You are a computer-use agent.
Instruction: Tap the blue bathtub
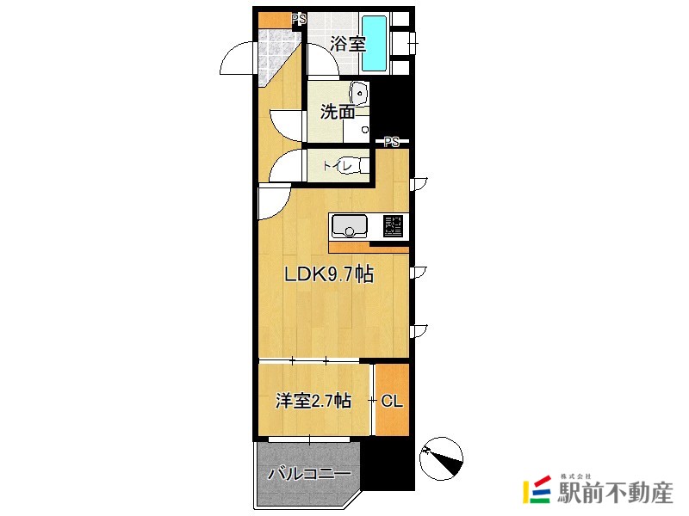(373, 44)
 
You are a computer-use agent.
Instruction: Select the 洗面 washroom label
(338, 112)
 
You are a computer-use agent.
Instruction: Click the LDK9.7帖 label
(328, 275)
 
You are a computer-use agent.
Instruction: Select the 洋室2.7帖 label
(313, 401)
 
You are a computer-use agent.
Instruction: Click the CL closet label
(392, 401)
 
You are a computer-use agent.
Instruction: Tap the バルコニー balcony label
(309, 473)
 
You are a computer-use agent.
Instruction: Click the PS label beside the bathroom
(299, 18)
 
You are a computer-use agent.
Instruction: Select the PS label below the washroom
(392, 141)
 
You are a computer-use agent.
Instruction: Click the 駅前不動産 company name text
(614, 493)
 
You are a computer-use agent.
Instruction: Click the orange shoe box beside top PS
(275, 18)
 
